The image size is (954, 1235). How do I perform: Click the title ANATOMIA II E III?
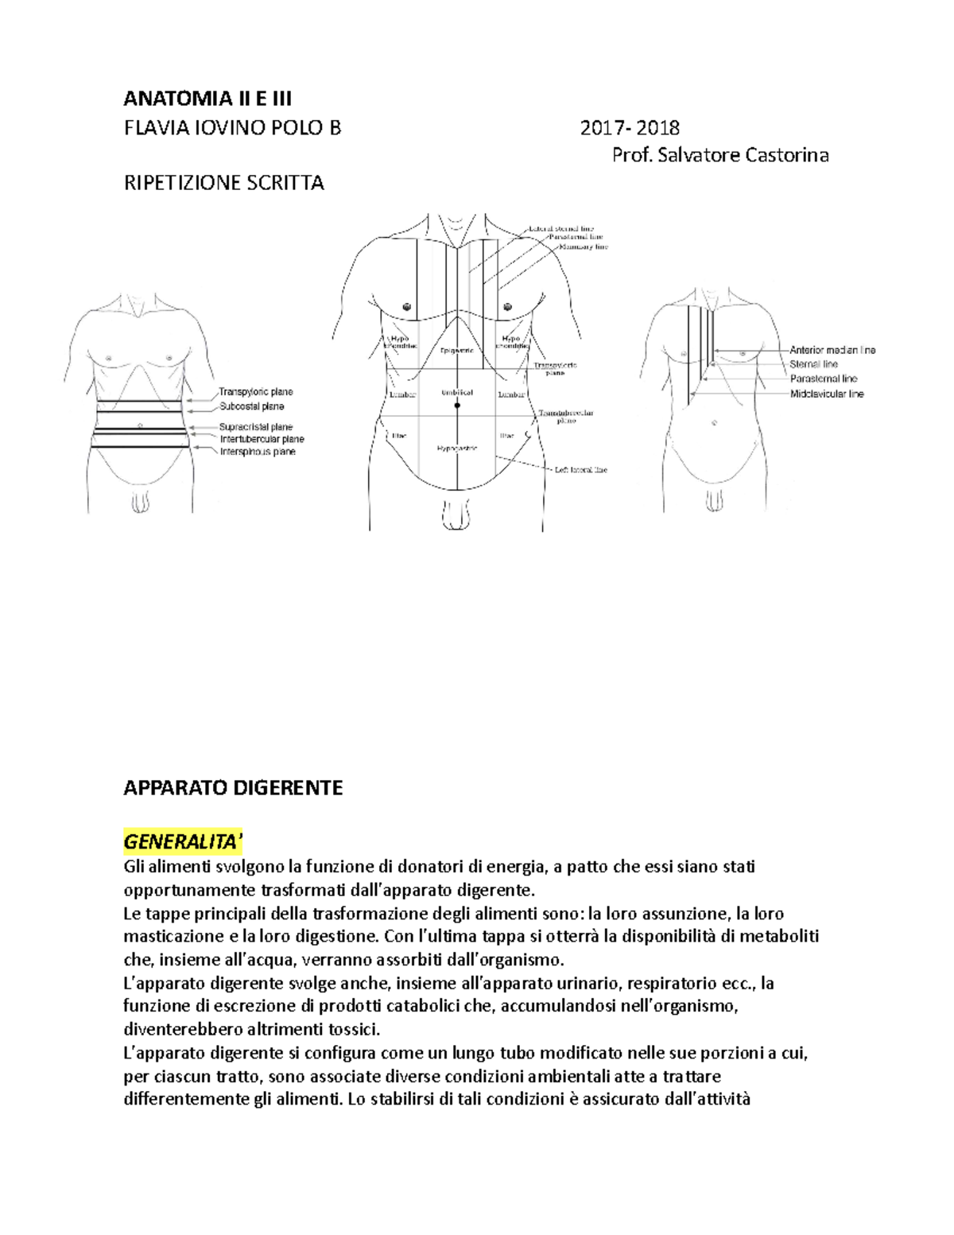pos(207,99)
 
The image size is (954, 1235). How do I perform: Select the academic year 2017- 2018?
pos(629,127)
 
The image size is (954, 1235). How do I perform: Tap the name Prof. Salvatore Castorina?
pos(719,155)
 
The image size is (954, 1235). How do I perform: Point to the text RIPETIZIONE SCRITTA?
pos(223,183)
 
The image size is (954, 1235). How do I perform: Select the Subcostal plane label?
pos(251,406)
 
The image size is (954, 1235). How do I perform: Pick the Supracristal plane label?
pos(255,427)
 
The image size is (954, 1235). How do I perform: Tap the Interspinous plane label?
pos(257,452)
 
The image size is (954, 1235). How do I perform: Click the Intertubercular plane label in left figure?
pos(262,439)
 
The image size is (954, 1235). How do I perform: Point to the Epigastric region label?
pos(456,350)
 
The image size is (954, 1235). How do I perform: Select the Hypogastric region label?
pos(456,449)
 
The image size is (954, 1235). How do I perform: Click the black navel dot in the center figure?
pos(457,406)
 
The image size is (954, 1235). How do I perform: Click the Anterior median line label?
pos(832,350)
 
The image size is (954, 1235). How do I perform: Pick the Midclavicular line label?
pos(826,394)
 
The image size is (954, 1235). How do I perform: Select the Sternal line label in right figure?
pos(813,364)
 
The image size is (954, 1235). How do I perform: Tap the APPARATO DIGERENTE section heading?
pos(233,788)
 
